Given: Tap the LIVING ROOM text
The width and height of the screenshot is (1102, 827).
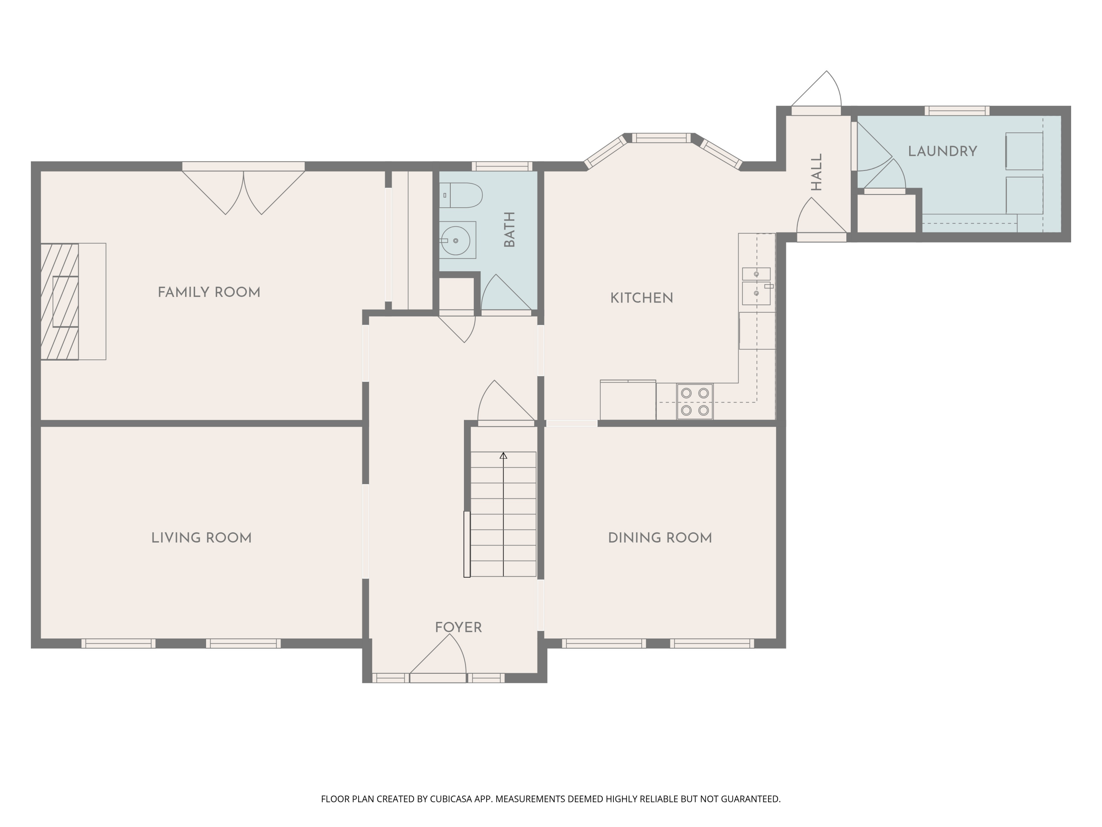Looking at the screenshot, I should pos(201,538).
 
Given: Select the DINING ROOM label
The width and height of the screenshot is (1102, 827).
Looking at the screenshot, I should pos(660,538).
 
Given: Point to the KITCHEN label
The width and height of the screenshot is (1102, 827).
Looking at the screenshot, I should pos(642,298).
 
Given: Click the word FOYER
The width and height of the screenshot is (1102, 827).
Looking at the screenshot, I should pos(458,628).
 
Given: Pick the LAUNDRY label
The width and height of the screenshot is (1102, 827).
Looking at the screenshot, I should pos(942,151).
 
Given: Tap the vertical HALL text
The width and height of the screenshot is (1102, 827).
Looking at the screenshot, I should pos(816,172).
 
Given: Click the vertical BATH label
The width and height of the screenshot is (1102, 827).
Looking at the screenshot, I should pos(509,229).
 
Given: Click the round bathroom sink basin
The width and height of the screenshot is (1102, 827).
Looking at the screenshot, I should pos(455,241).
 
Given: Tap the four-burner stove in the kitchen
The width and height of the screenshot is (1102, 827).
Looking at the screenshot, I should pos(695,401).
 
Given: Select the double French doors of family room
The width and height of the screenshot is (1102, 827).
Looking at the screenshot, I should pos(244,189).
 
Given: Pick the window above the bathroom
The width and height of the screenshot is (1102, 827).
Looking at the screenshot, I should pos(502,167).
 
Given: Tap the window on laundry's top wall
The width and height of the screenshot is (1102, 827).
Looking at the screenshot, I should pos(957,111).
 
